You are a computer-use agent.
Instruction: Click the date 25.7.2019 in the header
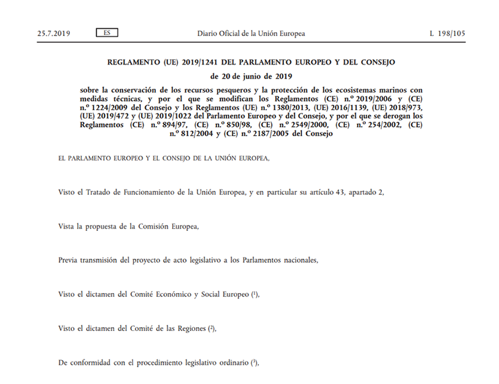54,33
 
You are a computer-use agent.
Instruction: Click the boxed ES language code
106,33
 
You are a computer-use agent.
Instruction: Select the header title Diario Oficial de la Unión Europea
251,33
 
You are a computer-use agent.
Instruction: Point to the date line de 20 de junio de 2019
251,76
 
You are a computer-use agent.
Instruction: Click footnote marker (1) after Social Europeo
255,294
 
